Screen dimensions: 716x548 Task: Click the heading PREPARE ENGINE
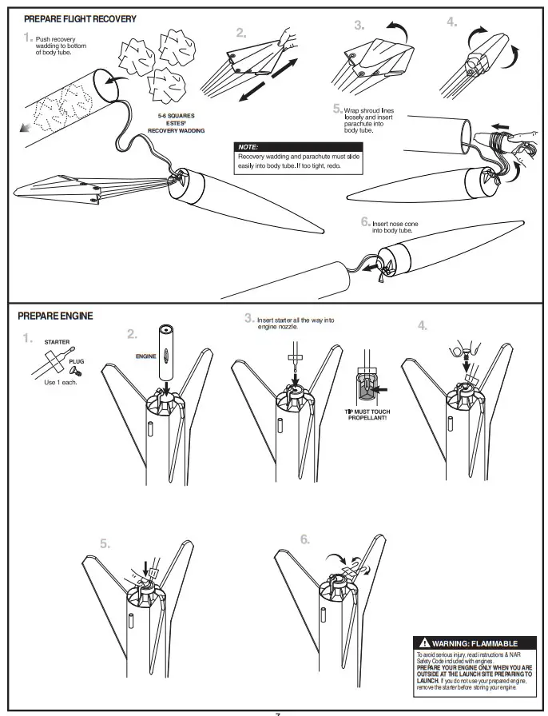pos(55,316)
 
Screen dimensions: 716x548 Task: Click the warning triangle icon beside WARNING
pos(424,642)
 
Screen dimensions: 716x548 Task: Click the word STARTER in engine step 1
pos(56,342)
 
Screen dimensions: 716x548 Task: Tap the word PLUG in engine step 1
pos(76,361)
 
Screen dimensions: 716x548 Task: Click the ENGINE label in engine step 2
pos(145,355)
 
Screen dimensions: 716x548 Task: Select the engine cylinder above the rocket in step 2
pos(168,351)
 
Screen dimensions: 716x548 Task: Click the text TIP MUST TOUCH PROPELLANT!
pos(367,415)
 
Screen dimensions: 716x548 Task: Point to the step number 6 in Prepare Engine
pos(305,539)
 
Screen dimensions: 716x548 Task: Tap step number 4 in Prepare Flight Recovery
pos(452,22)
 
